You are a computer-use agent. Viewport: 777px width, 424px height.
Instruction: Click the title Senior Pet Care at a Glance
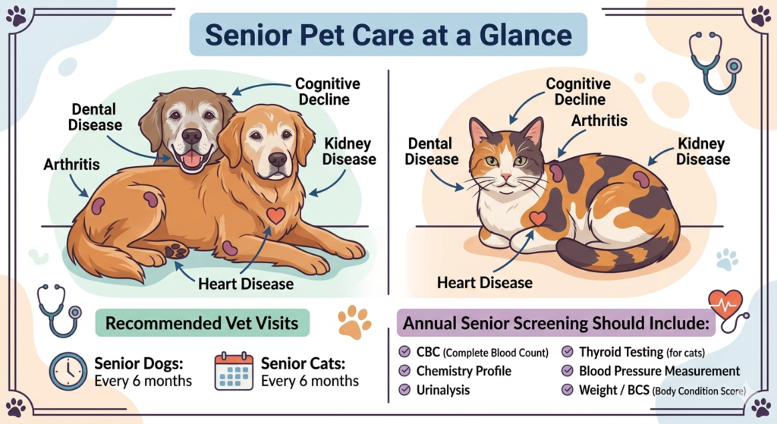[x=388, y=35]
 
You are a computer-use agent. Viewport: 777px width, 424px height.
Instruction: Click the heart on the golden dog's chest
[x=276, y=215]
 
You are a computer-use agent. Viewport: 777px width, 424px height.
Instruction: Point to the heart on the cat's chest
[x=538, y=218]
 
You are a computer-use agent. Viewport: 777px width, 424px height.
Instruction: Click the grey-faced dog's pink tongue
[x=192, y=159]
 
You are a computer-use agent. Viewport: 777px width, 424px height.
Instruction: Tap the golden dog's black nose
[x=278, y=159]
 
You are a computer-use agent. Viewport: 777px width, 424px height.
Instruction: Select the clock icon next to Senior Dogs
[x=68, y=370]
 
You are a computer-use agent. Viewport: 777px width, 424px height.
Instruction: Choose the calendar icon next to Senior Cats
[x=234, y=370]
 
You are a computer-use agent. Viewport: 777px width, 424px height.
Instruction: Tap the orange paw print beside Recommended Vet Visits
[x=354, y=322]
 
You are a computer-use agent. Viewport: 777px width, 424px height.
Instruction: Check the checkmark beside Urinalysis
[x=404, y=390]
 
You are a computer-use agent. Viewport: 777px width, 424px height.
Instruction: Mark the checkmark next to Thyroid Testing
[x=567, y=352]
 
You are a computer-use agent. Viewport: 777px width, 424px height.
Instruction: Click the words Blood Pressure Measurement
[x=659, y=371]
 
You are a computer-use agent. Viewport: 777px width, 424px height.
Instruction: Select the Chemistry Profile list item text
[x=464, y=371]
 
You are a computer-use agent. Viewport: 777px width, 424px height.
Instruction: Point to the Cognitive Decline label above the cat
[x=578, y=92]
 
